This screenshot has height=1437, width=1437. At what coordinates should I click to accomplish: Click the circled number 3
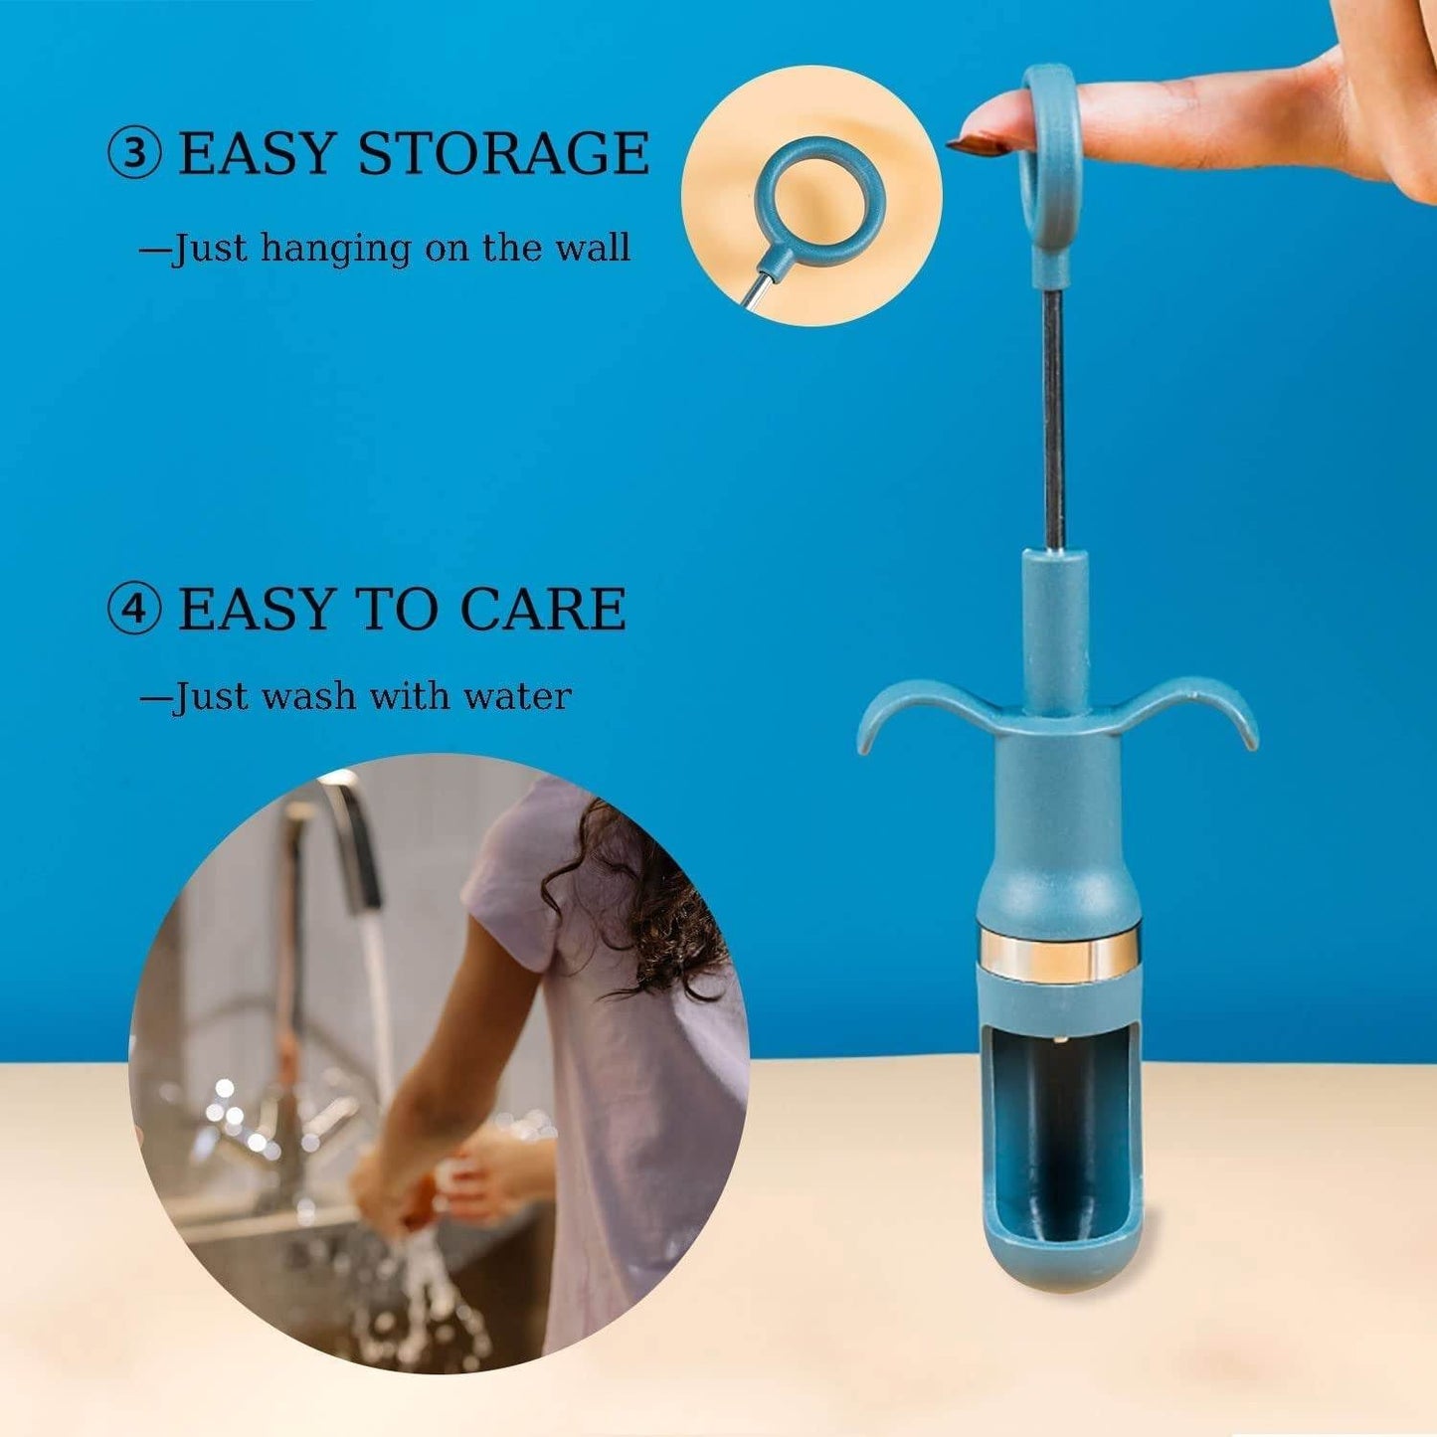(133, 154)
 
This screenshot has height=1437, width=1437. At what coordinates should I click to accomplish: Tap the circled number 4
(133, 609)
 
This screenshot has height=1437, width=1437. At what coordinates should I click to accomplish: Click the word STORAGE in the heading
(502, 154)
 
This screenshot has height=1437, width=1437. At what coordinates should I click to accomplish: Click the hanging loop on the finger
(1053, 159)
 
